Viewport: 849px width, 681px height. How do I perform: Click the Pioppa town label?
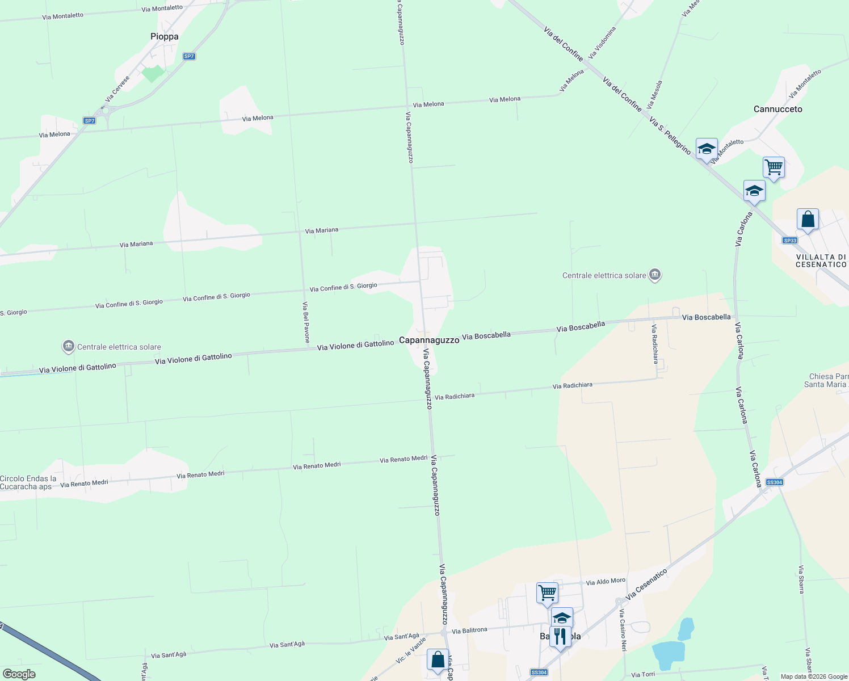click(x=165, y=36)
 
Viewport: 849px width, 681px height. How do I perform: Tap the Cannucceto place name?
click(x=777, y=109)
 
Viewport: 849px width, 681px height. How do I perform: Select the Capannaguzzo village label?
click(x=429, y=340)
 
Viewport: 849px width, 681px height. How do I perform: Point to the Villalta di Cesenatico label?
click(x=821, y=260)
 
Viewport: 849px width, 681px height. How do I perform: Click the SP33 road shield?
click(x=789, y=241)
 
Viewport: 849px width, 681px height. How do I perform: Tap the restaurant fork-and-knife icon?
click(x=560, y=637)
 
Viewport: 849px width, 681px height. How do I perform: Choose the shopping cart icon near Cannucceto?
click(x=774, y=167)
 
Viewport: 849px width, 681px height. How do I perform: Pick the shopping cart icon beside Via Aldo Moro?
click(x=547, y=593)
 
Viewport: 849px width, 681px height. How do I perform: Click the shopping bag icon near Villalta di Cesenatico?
click(x=808, y=219)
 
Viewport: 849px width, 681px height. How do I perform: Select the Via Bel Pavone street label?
click(x=306, y=322)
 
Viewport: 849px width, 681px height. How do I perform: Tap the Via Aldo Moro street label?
click(x=606, y=582)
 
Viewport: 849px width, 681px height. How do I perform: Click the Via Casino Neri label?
click(x=623, y=630)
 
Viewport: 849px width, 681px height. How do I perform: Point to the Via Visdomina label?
click(x=602, y=43)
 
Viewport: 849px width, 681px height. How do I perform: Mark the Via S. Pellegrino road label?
click(x=670, y=137)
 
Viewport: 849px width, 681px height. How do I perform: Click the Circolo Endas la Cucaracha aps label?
click(x=28, y=482)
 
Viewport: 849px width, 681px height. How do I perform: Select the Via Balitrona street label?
click(x=469, y=630)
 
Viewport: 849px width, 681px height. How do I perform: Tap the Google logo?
click(x=19, y=674)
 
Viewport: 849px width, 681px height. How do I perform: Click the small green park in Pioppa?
click(x=153, y=73)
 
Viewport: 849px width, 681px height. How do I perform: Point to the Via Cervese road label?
click(x=117, y=89)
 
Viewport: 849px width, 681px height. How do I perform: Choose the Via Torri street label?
click(x=643, y=675)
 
